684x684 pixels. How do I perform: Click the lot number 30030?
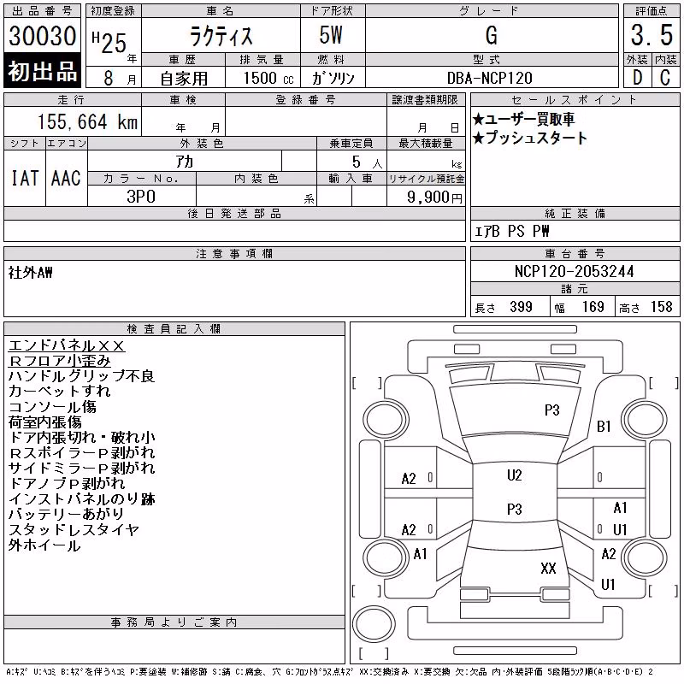[42, 36]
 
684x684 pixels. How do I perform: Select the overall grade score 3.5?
[652, 35]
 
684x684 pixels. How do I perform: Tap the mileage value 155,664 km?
[87, 121]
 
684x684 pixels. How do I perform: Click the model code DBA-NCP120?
[489, 78]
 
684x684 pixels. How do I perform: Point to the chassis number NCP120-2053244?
[574, 271]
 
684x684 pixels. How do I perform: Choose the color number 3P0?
[141, 197]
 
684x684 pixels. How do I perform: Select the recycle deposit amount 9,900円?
[434, 198]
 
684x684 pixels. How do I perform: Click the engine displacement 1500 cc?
[268, 78]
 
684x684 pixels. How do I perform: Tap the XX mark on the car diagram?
[548, 568]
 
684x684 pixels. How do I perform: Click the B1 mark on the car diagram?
[604, 426]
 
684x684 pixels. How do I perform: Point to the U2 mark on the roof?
[515, 475]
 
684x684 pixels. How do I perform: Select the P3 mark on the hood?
[551, 410]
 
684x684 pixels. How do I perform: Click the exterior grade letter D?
[637, 78]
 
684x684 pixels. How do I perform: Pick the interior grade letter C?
[665, 78]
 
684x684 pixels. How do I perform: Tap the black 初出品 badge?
[42, 70]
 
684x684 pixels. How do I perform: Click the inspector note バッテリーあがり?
[67, 514]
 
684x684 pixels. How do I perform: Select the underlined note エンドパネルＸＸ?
[67, 345]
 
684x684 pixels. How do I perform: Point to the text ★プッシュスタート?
[530, 138]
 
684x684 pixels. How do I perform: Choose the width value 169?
[593, 307]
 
